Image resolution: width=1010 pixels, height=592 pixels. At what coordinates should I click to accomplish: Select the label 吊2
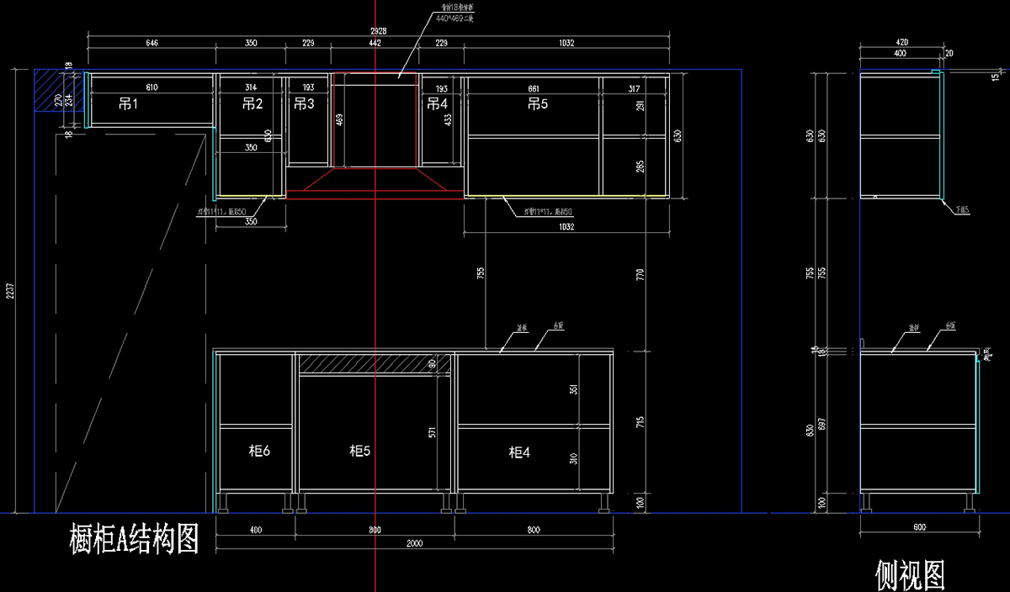(x=252, y=104)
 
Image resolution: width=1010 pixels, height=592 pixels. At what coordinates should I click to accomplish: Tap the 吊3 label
(x=304, y=104)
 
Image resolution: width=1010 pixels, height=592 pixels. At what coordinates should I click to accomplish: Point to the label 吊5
(x=537, y=104)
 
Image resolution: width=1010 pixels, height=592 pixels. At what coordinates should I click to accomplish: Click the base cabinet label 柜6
(x=259, y=452)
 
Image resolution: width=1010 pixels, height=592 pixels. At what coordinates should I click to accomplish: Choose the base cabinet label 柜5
(x=360, y=452)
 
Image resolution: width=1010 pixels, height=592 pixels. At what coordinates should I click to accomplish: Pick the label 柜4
(x=519, y=452)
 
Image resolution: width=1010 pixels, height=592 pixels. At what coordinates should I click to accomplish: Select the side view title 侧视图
(x=910, y=575)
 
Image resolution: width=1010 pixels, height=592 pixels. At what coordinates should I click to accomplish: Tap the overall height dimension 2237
(x=10, y=290)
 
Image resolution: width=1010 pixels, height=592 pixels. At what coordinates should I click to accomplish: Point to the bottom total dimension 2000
(x=414, y=544)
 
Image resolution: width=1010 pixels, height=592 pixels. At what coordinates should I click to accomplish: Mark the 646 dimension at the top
(x=152, y=42)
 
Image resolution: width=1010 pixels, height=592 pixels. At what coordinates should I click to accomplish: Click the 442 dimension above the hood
(x=375, y=42)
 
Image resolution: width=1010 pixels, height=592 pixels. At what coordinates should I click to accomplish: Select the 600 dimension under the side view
(x=919, y=527)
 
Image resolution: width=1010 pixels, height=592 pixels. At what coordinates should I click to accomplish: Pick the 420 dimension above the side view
(x=901, y=41)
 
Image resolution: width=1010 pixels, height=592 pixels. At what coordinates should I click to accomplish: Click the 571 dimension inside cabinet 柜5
(x=432, y=433)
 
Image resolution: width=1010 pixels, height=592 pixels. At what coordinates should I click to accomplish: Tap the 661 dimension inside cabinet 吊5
(x=533, y=87)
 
